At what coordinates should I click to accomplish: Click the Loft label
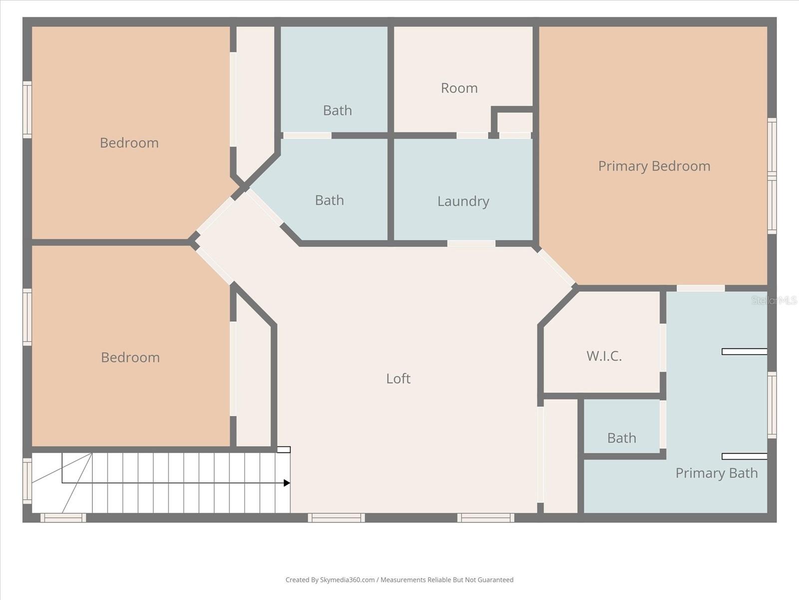click(x=398, y=378)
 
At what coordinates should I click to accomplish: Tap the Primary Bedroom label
click(x=654, y=166)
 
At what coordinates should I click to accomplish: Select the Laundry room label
click(x=463, y=201)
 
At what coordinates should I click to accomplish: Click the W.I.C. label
click(x=604, y=356)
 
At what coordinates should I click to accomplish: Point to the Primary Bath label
click(x=716, y=473)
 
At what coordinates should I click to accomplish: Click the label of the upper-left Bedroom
click(x=129, y=143)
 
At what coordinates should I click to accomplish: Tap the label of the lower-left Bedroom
click(x=130, y=357)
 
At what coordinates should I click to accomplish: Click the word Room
click(x=459, y=88)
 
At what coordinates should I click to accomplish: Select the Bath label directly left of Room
click(x=337, y=110)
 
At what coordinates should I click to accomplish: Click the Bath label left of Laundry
click(x=329, y=200)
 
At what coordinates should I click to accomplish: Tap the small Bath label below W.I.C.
click(x=621, y=438)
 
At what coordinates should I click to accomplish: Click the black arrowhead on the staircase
click(x=287, y=483)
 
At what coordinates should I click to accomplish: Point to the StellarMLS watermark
click(x=774, y=300)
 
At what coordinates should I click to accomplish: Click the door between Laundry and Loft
click(x=471, y=243)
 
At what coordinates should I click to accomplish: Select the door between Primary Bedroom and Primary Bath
click(x=700, y=288)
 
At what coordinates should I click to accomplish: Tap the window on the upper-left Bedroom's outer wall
click(x=27, y=109)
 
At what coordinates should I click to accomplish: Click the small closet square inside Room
click(x=515, y=122)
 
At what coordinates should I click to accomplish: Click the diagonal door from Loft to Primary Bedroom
click(x=556, y=267)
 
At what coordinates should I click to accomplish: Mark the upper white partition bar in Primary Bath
click(x=744, y=352)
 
